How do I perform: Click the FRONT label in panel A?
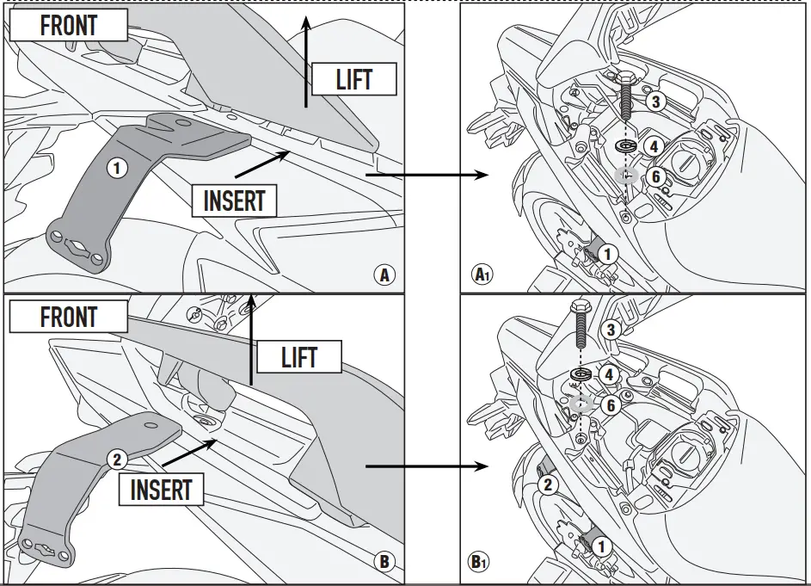click(x=69, y=25)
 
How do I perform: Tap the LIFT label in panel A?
click(x=353, y=81)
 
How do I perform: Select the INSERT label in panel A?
click(x=234, y=200)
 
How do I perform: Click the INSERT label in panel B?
click(x=161, y=490)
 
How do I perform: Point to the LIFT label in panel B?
click(x=298, y=357)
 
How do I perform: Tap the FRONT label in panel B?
click(x=69, y=317)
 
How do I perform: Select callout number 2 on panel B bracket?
click(x=118, y=458)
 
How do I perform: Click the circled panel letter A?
click(x=384, y=275)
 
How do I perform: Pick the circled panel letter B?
click(x=384, y=563)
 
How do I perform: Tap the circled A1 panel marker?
click(x=482, y=275)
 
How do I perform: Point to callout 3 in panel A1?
click(x=654, y=102)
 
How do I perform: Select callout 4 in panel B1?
click(x=609, y=375)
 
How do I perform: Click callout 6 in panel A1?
click(x=654, y=176)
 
